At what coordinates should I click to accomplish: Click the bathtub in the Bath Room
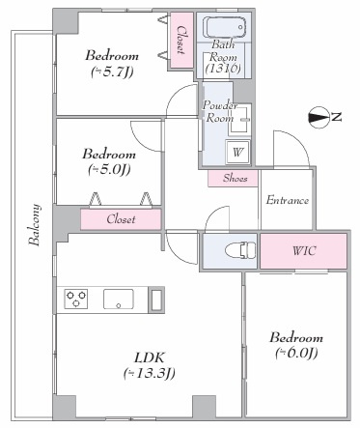[226, 27]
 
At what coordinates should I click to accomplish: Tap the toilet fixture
[240, 250]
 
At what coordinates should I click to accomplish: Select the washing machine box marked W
[237, 152]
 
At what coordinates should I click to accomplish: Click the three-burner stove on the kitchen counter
[76, 299]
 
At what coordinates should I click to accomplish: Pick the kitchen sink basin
[118, 299]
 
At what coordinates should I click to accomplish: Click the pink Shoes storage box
[233, 178]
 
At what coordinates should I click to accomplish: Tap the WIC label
[304, 250]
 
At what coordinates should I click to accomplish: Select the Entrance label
[288, 200]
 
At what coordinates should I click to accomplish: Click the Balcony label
[35, 224]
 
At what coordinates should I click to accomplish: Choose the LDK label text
[150, 357]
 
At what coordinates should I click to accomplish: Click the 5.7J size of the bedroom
[112, 71]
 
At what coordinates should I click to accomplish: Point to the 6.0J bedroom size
[296, 354]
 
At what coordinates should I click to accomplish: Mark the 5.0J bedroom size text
[109, 170]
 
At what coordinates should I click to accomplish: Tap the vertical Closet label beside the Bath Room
[181, 40]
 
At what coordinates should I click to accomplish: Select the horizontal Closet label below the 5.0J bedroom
[121, 219]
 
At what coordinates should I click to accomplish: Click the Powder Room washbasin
[239, 120]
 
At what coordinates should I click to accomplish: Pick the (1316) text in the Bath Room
[223, 68]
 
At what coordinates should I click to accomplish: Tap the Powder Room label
[220, 111]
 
